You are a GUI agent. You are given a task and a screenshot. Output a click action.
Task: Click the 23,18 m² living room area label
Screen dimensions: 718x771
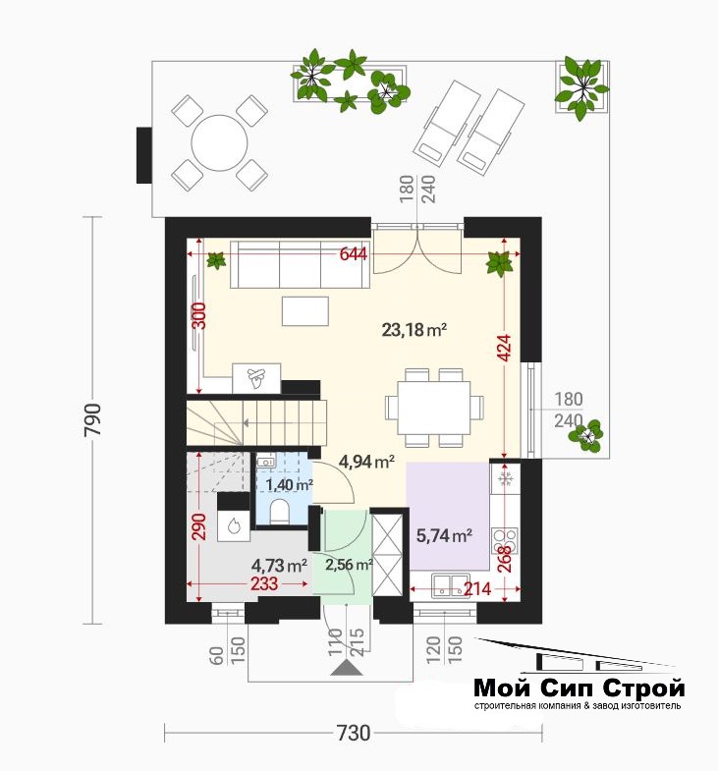pyautogui.click(x=414, y=329)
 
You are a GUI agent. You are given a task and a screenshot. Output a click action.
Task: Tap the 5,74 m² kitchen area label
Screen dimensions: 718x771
pyautogui.click(x=445, y=535)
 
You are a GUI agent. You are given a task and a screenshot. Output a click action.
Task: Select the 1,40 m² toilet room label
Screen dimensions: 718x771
pyautogui.click(x=290, y=485)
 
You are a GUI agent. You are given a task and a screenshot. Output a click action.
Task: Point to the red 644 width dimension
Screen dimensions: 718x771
pyautogui.click(x=354, y=254)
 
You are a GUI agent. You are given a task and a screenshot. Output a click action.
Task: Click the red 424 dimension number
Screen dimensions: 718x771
pyautogui.click(x=505, y=348)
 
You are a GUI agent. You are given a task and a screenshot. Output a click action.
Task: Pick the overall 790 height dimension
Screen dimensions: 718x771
pyautogui.click(x=93, y=419)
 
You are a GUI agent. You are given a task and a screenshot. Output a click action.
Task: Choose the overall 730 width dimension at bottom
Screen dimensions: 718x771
pyautogui.click(x=353, y=733)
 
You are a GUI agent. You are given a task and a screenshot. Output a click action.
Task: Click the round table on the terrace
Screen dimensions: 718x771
pyautogui.click(x=219, y=142)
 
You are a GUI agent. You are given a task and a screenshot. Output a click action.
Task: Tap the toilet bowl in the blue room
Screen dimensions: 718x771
pyautogui.click(x=280, y=511)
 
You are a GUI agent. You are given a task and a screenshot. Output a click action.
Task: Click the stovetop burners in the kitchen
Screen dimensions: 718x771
pyautogui.click(x=505, y=540)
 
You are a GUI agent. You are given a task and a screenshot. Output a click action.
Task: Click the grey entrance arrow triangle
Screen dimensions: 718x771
pyautogui.click(x=345, y=669)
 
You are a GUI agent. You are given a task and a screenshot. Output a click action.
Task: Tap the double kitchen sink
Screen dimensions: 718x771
pyautogui.click(x=452, y=585)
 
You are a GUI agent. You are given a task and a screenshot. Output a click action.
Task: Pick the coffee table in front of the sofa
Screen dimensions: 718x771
pyautogui.click(x=304, y=310)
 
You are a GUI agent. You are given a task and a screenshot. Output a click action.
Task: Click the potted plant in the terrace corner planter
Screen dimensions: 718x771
pyautogui.click(x=582, y=87)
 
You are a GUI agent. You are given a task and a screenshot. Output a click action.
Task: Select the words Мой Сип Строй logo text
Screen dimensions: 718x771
pyautogui.click(x=580, y=688)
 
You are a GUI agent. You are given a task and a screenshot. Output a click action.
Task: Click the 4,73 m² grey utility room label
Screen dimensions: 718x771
pyautogui.click(x=279, y=566)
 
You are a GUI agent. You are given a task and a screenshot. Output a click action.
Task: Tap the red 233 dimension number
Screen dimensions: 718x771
pyautogui.click(x=264, y=583)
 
